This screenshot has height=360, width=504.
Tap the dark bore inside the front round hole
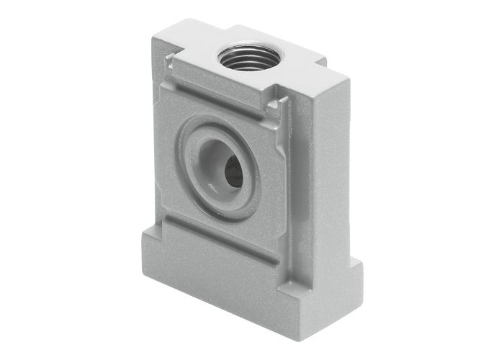[232, 171]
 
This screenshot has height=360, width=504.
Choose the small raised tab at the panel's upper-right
[273, 106]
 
